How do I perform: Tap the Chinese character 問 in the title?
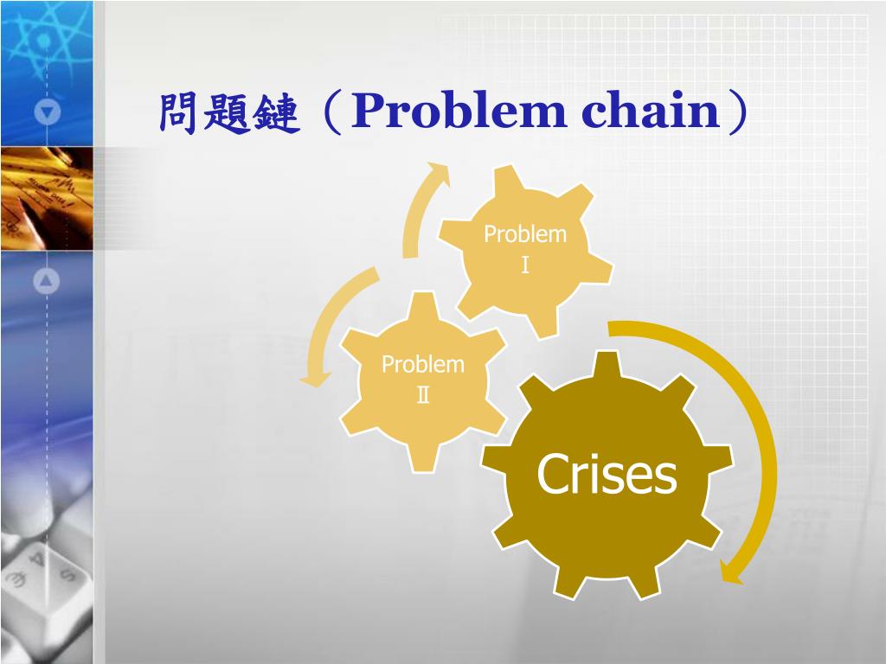(179, 113)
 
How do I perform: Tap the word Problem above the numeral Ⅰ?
(525, 234)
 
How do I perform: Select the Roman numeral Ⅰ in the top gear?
(525, 265)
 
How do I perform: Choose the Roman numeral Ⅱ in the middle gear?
(423, 395)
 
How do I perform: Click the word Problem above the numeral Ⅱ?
(423, 365)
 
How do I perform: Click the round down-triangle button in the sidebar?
(48, 112)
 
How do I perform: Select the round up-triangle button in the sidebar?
(48, 280)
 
